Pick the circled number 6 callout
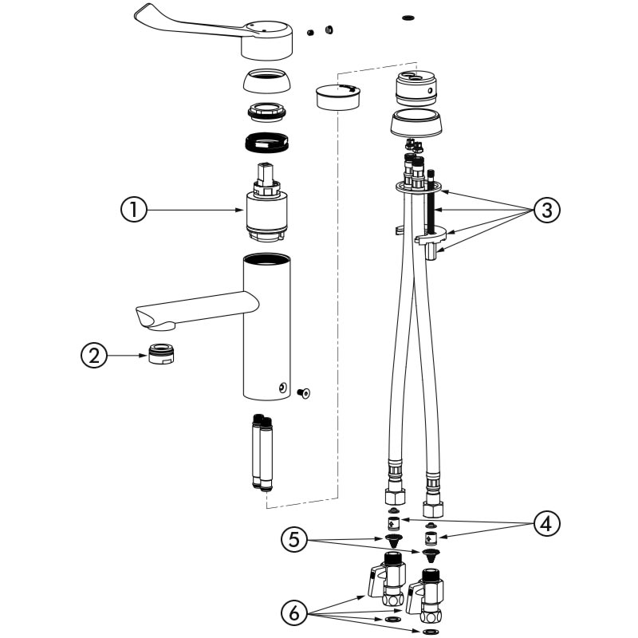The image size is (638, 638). coord(295,612)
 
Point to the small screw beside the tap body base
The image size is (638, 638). coord(303,392)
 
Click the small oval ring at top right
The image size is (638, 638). coord(408,16)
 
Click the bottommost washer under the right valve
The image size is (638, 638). coord(429,631)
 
